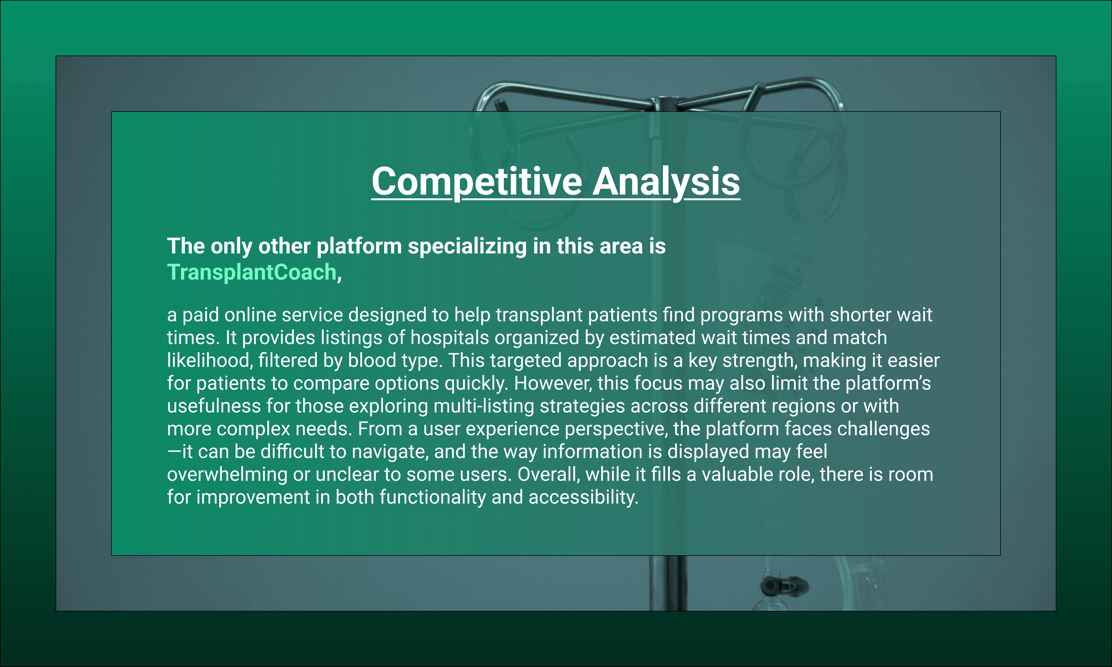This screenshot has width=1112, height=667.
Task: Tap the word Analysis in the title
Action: pos(666,182)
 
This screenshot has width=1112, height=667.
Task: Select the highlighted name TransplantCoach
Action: pos(252,272)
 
